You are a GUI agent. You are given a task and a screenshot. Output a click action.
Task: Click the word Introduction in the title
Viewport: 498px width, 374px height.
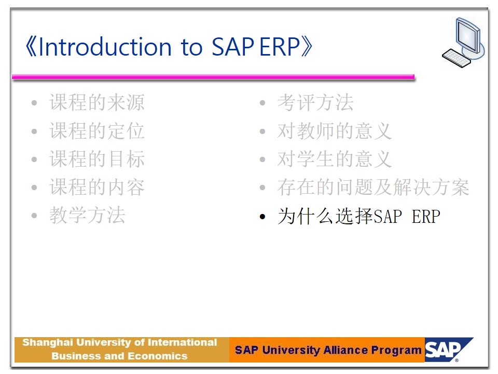coord(105,47)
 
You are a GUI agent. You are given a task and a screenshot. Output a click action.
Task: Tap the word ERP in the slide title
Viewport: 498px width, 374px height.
coord(280,47)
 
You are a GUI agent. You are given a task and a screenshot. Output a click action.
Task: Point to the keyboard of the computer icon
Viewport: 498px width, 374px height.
coord(456,58)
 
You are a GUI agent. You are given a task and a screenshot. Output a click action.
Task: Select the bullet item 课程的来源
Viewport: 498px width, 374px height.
coord(97,102)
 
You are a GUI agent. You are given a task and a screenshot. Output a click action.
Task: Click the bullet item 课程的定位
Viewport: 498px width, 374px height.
coord(97,131)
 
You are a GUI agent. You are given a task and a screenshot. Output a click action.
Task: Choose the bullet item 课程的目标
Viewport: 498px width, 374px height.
coord(97,159)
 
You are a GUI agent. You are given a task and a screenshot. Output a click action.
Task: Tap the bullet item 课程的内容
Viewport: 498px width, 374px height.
coord(97,187)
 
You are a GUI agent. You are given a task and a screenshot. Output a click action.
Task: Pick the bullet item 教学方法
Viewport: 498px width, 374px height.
coord(87,215)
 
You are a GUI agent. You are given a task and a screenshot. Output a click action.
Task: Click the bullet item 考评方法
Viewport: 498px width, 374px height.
coord(315,102)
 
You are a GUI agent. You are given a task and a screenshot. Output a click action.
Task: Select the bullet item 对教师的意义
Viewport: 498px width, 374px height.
coord(335,131)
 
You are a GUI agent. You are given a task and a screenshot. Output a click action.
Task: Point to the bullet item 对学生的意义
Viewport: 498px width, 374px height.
coord(335,159)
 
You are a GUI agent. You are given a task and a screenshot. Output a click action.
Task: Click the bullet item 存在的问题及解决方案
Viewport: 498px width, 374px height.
coord(373,187)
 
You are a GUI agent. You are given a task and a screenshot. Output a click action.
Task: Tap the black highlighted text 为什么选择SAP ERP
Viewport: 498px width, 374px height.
coord(359,216)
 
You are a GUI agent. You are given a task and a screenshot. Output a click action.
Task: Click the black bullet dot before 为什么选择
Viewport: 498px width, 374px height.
coord(262,217)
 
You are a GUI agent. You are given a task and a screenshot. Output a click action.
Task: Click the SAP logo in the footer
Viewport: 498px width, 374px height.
coord(448,350)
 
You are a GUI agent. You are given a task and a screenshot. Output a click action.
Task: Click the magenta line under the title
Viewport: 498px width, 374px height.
coord(213,77)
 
